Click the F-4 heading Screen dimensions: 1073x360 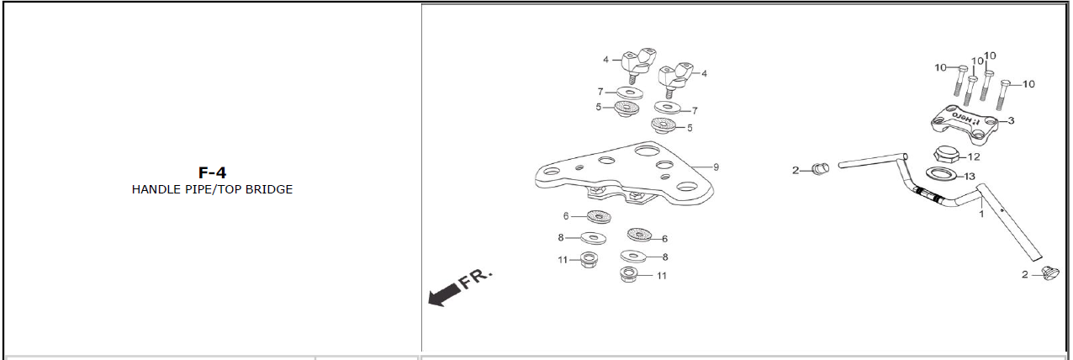point(212,172)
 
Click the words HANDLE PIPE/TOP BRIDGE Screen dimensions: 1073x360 point(212,189)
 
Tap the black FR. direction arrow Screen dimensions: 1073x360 point(443,294)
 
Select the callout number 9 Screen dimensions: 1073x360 point(716,167)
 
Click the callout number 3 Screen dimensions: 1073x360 point(1011,120)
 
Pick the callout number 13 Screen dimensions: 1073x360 point(970,177)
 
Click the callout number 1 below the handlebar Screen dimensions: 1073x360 point(981,214)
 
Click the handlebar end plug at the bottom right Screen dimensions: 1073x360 point(1050,273)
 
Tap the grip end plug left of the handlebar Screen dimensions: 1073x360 point(821,168)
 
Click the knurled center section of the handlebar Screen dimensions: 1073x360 point(928,194)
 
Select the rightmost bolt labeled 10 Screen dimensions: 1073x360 point(1003,95)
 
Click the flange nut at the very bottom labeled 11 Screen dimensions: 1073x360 point(628,275)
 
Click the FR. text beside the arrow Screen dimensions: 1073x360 point(476,279)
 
